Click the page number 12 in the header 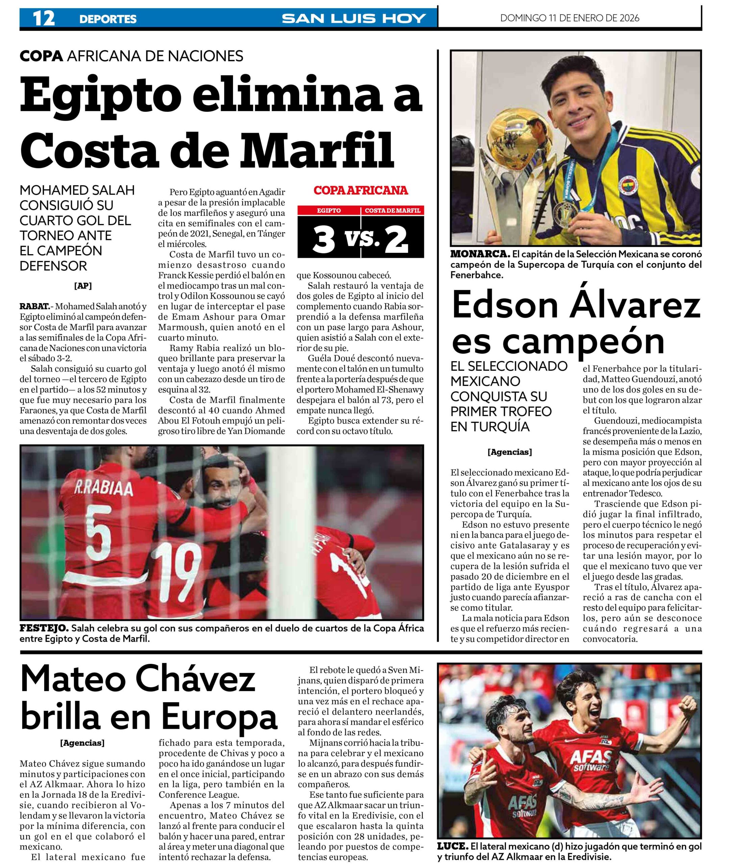[x=43, y=18]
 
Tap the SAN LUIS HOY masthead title [x=353, y=18]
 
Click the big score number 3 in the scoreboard [x=323, y=241]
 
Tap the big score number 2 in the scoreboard [x=396, y=241]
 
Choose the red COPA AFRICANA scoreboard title [x=360, y=191]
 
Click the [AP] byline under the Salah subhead [x=83, y=286]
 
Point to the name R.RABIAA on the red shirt [x=103, y=489]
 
